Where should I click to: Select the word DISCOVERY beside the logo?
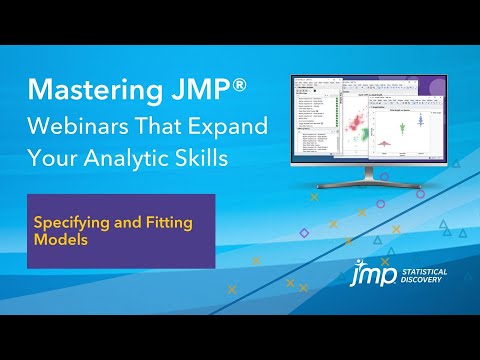[x=422, y=280]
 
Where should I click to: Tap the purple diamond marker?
[x=304, y=233]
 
